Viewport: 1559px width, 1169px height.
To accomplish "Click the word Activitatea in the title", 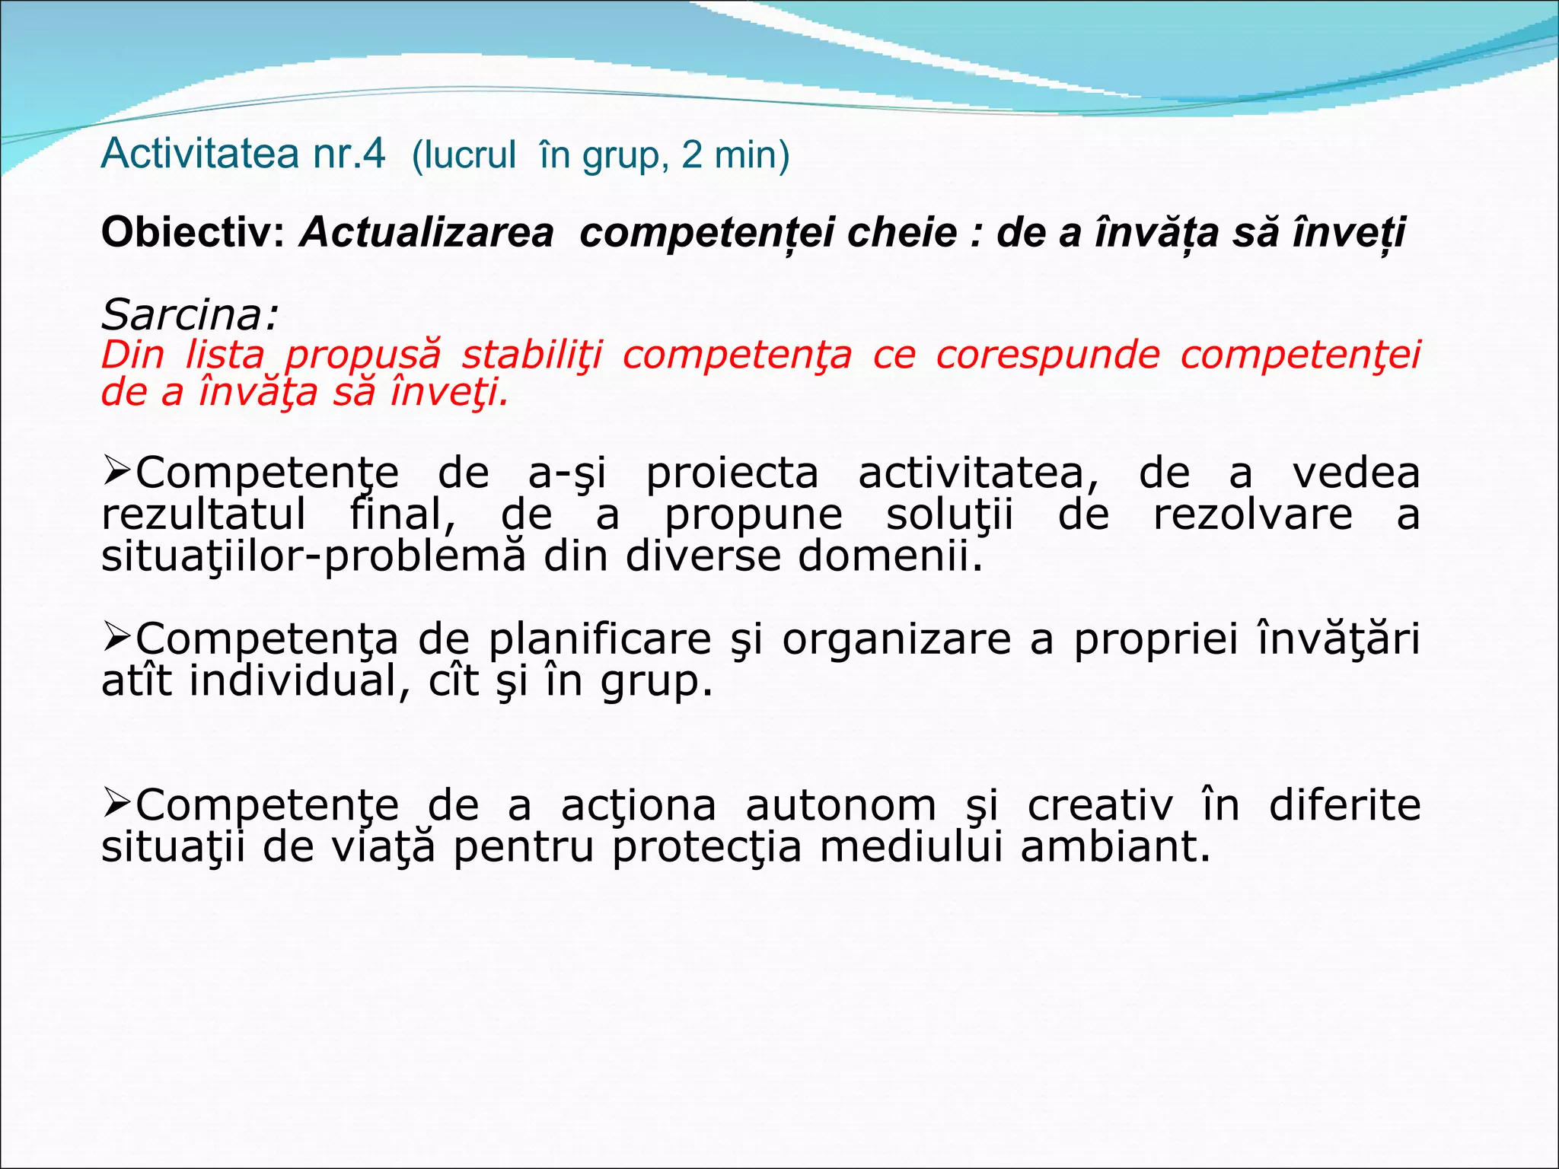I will (x=200, y=154).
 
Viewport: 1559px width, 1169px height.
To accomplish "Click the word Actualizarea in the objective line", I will (x=426, y=232).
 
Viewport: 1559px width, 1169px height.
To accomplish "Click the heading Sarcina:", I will (x=190, y=314).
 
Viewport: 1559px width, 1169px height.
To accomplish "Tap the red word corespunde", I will (x=1047, y=355).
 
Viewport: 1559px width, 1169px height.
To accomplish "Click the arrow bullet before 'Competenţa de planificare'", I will (x=117, y=637).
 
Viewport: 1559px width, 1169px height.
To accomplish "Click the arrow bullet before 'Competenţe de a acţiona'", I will (x=117, y=804).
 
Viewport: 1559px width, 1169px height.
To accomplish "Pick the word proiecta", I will (x=732, y=473).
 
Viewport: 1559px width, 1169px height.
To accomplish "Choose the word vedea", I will (x=1356, y=473).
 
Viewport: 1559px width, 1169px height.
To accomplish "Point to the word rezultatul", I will (x=203, y=514).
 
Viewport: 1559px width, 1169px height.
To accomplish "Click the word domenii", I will (x=889, y=556).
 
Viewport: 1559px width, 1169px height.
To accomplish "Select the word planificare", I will (x=600, y=639).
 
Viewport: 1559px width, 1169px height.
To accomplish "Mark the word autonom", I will (x=830, y=805).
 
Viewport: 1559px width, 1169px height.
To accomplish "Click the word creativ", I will (x=1100, y=805).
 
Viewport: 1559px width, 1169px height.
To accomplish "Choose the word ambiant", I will (x=1114, y=847).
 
